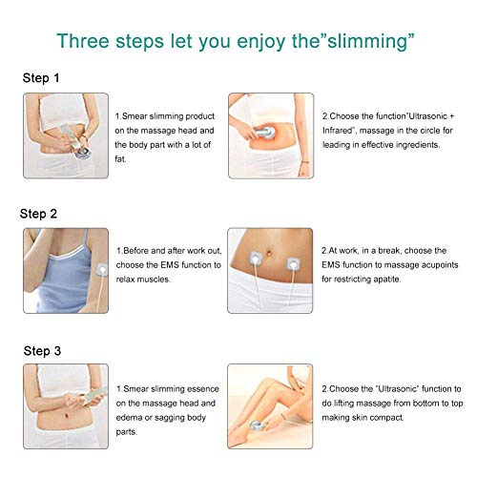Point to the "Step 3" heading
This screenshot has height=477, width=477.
(x=43, y=350)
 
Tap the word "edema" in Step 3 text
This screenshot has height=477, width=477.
(x=131, y=417)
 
